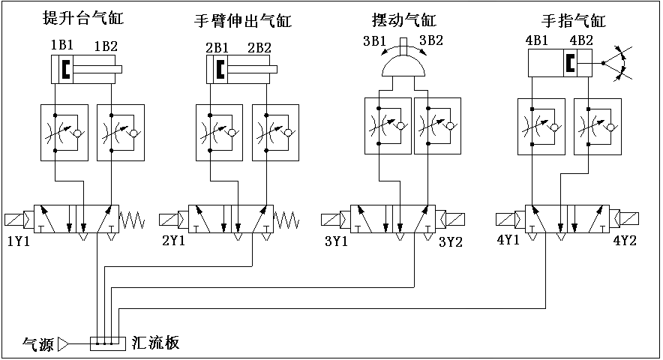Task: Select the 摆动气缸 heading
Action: pyautogui.click(x=403, y=19)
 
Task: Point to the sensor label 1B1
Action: pyautogui.click(x=61, y=46)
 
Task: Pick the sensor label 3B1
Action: pyautogui.click(x=374, y=40)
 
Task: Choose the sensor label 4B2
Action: pyautogui.click(x=583, y=40)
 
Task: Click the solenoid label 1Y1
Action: pyautogui.click(x=18, y=241)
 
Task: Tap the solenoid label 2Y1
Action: pyautogui.click(x=174, y=241)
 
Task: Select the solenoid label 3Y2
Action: pyautogui.click(x=451, y=241)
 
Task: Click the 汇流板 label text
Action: pyautogui.click(x=155, y=343)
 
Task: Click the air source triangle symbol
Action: pyautogui.click(x=64, y=344)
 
